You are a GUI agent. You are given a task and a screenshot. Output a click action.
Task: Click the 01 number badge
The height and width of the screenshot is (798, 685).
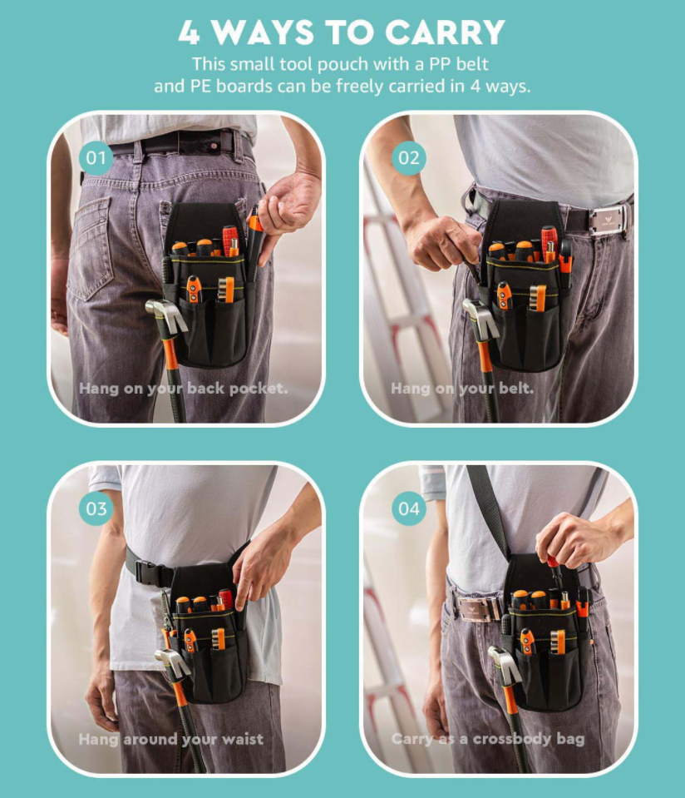(x=96, y=158)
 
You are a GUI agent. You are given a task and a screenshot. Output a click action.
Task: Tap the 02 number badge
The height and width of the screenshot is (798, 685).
(x=409, y=158)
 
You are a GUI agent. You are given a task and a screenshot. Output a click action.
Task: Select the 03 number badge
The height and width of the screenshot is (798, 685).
(x=96, y=508)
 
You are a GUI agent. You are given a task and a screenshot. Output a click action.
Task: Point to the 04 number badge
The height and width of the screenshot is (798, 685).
(x=409, y=508)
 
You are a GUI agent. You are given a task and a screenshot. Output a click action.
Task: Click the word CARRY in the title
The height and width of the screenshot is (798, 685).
(x=445, y=32)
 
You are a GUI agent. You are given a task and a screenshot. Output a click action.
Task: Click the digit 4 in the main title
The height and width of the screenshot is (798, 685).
(x=190, y=33)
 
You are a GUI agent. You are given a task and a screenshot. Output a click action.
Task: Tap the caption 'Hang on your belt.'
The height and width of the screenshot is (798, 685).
(x=462, y=389)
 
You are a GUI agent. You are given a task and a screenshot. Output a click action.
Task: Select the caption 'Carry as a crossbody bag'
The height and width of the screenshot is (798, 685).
(x=488, y=739)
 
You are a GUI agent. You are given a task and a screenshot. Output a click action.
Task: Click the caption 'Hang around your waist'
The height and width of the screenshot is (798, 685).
(x=171, y=739)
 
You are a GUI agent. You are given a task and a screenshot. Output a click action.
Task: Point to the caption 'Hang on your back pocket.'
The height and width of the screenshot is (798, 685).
(x=183, y=389)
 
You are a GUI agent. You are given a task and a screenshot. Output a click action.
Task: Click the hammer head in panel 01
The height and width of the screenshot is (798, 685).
(x=165, y=314)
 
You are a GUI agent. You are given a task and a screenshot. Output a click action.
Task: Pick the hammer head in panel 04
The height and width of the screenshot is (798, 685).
(x=506, y=664)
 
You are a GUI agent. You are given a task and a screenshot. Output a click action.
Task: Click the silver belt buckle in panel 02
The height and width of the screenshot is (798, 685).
(x=609, y=220)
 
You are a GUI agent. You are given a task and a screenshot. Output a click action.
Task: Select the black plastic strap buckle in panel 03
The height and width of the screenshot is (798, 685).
(x=151, y=573)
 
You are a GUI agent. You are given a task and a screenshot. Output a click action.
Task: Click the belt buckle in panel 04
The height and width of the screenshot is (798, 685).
(x=479, y=608)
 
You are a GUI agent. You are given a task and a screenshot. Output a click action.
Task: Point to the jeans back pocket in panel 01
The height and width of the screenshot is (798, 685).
(x=92, y=247)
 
